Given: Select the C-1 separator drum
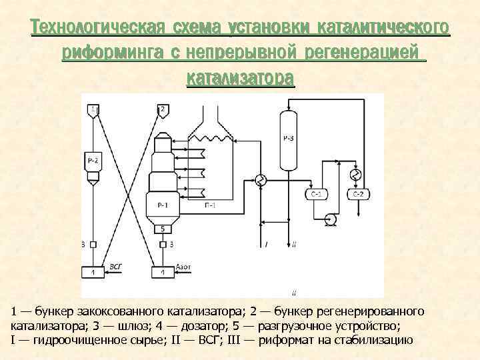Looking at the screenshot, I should pos(316,194).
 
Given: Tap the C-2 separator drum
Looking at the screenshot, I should pos(358,194).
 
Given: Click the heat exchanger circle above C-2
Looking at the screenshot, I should pos(357,175).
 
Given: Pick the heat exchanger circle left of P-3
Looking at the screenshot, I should pos(260,180).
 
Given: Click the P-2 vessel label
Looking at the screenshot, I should pos(93,161).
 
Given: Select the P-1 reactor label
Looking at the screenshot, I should pos(162,205).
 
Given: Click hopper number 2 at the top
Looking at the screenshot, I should pos(162,109).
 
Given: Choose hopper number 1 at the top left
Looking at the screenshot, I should pos(94,109).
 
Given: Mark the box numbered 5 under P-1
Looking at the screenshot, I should pos(162,229).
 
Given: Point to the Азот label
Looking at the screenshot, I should pos(183,267).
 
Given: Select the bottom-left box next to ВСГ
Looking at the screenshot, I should pos(93,272).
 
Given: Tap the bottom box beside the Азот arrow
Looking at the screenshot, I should pos(161,272).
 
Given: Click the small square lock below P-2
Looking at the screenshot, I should pos(93,244).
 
